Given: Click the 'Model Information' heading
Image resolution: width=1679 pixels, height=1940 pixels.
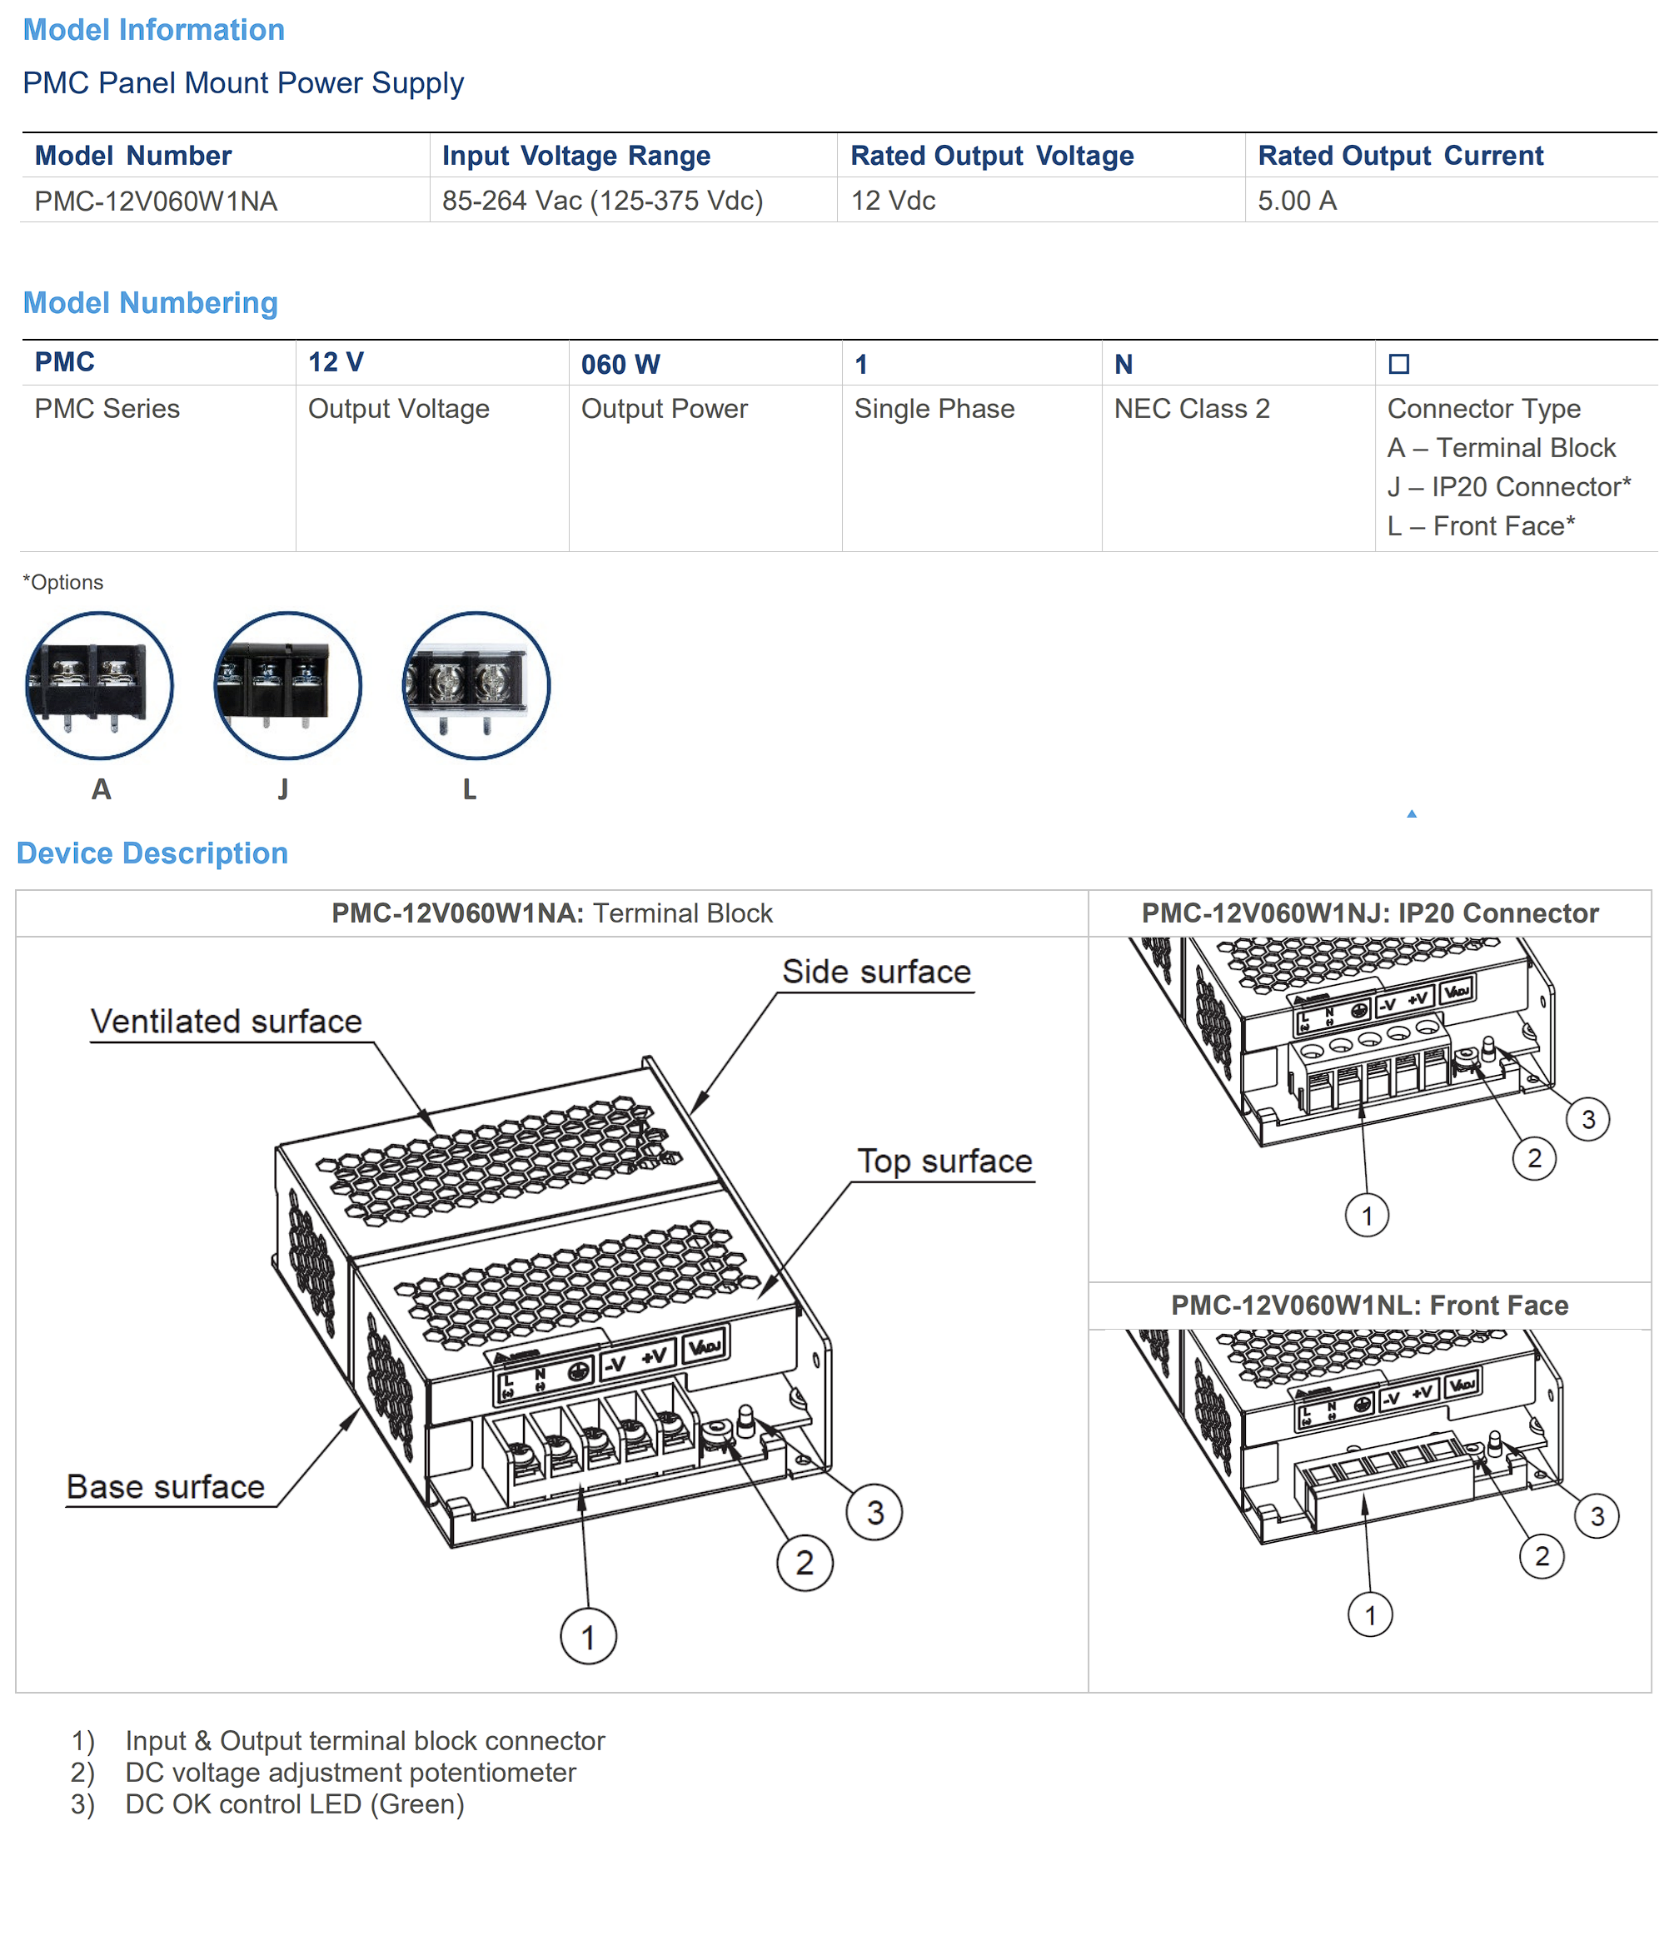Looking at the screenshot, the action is pos(153,30).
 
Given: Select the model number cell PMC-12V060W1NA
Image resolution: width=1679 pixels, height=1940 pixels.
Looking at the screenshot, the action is pos(156,201).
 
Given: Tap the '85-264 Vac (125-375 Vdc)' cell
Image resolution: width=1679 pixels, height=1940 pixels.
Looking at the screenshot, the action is pos(602,201).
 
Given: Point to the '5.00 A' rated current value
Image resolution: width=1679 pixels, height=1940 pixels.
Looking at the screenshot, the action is pos(1297,201).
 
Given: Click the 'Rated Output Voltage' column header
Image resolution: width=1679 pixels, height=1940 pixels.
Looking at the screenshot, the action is pos(991,156).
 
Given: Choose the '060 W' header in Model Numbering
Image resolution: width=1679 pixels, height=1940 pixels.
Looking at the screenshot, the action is pos(620,364).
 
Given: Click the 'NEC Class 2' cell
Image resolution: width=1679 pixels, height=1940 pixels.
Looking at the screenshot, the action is pos(1192,409).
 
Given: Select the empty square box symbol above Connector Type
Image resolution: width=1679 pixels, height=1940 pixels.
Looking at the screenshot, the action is pos(1399,364).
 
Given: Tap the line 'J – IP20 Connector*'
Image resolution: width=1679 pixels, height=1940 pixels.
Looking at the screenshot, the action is pos(1508,487).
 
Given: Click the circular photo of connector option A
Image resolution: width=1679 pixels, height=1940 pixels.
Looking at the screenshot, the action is pos(99,686).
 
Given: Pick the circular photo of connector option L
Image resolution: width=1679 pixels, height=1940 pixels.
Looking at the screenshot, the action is pos(476,686).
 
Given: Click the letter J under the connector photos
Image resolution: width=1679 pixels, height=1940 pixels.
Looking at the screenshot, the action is pos(283,789).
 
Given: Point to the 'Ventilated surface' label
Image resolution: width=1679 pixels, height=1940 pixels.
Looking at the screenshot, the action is pos(226,1021).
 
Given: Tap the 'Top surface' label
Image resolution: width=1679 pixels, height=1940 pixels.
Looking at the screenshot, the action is pos(944,1162).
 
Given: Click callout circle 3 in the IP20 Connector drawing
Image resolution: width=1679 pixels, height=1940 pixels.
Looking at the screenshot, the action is pos(1588,1119).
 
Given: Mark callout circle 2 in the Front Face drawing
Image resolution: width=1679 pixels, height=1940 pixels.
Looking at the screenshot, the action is pos(1542,1557).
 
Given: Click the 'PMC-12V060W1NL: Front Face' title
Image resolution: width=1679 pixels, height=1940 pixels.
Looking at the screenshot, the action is pos(1370,1305).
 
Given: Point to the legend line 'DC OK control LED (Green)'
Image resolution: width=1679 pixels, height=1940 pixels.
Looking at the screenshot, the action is pos(294,1804).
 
